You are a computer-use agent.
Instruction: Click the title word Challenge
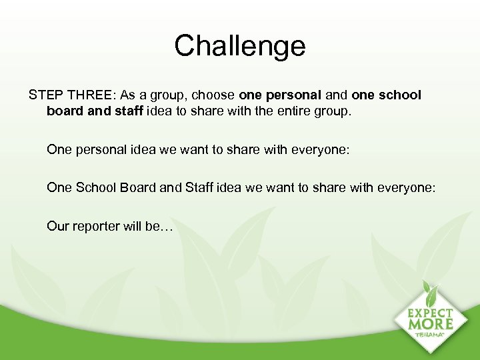click(x=240, y=46)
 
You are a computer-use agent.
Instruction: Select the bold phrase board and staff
click(x=94, y=111)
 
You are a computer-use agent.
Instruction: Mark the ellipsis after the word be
click(x=167, y=226)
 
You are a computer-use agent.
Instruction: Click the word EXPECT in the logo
click(x=430, y=313)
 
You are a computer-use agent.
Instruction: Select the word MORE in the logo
click(x=431, y=325)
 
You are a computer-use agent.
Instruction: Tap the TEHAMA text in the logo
click(x=431, y=335)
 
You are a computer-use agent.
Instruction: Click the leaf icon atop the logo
click(x=430, y=293)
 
